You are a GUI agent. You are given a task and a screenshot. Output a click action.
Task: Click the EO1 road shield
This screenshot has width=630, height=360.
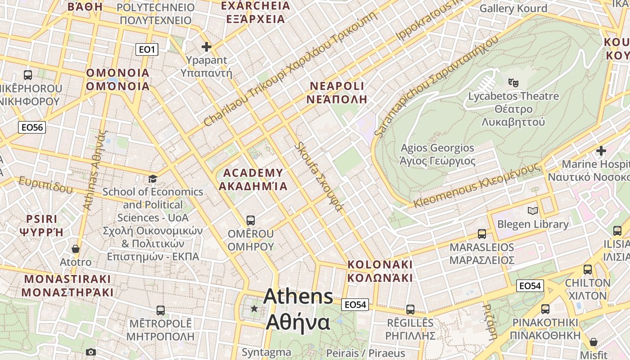pyautogui.click(x=147, y=49)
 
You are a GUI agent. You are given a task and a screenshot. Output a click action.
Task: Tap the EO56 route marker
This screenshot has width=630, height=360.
pyautogui.click(x=32, y=127)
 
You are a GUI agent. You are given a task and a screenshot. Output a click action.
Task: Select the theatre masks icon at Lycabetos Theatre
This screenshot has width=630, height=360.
pyautogui.click(x=513, y=82)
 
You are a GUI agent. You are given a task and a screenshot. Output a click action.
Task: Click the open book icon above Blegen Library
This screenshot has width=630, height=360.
pyautogui.click(x=532, y=211)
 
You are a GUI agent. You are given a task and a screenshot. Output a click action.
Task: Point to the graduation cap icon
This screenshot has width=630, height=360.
pyautogui.click(x=153, y=179)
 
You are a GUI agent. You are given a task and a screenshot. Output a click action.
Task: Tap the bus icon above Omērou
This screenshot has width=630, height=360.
pyautogui.click(x=251, y=220)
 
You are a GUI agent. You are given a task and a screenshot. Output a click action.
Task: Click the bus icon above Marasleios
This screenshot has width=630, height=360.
pyautogui.click(x=482, y=234)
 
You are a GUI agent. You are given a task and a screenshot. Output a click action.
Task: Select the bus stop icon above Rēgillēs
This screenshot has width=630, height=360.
pyautogui.click(x=410, y=310)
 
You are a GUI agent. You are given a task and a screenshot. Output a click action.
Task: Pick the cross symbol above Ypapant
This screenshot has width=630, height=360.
pyautogui.click(x=207, y=47)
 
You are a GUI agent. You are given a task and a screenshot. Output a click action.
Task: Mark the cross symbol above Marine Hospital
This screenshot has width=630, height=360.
pyautogui.click(x=601, y=151)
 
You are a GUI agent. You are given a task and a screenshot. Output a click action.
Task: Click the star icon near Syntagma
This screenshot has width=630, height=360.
pyautogui.click(x=254, y=308)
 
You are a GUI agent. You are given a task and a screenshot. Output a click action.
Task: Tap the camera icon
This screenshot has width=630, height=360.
pyautogui.click(x=91, y=352)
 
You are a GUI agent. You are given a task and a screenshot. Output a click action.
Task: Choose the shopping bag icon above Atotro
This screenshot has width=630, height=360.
pyautogui.click(x=76, y=249)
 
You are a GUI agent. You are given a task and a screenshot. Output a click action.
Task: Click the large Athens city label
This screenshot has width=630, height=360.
pyautogui.click(x=298, y=309)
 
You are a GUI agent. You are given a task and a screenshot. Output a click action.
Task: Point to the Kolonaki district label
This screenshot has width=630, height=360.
pyautogui.click(x=380, y=270)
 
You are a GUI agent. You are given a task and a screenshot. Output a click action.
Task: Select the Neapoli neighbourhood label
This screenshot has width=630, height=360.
pyautogui.click(x=337, y=93)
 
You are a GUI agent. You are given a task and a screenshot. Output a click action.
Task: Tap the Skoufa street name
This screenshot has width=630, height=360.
pyautogui.click(x=319, y=176)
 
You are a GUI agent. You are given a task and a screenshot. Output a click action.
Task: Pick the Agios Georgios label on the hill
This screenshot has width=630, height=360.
pyautogui.click(x=437, y=154)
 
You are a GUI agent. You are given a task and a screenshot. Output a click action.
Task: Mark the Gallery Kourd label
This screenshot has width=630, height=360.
pyautogui.click(x=513, y=9)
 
